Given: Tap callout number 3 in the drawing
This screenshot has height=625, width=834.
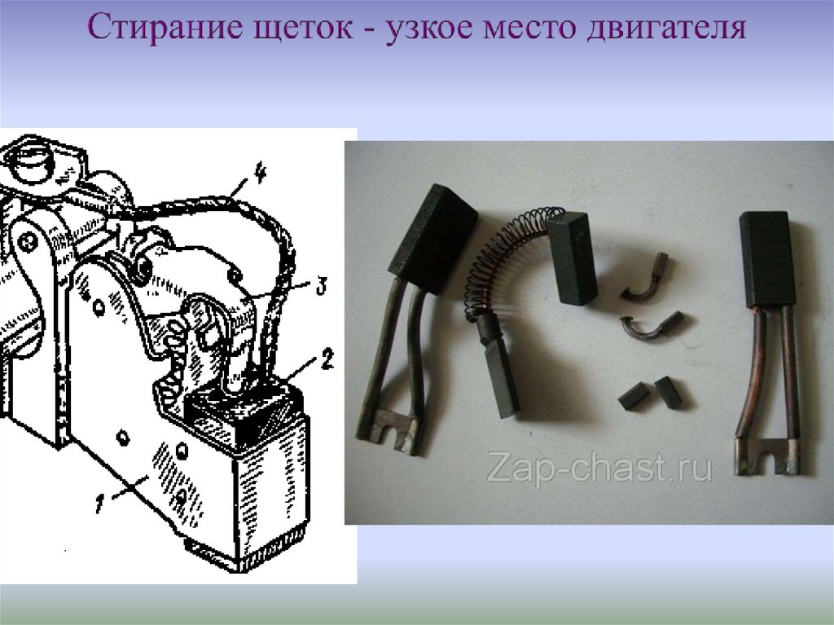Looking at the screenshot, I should pos(322,286).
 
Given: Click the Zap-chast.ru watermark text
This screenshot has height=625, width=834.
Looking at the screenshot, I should pos(599,470).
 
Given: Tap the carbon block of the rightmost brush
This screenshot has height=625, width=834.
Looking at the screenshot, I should pos(766,258).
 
